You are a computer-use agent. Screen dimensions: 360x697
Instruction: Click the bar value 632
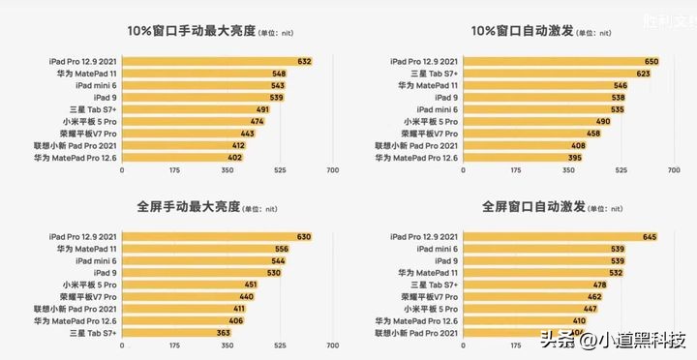click(x=304, y=61)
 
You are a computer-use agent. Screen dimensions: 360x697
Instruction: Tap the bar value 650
click(x=652, y=61)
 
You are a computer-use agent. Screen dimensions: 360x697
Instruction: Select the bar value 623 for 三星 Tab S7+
click(x=643, y=74)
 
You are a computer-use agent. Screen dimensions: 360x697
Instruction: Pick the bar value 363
click(x=223, y=332)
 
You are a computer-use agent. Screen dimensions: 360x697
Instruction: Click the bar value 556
click(x=281, y=249)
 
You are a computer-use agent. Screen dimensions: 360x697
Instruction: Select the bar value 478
click(x=599, y=285)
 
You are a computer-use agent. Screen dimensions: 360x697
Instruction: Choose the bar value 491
click(x=261, y=109)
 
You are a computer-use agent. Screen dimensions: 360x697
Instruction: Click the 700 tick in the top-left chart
click(x=332, y=169)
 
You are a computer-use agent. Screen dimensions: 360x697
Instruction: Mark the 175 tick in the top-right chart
click(x=515, y=169)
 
